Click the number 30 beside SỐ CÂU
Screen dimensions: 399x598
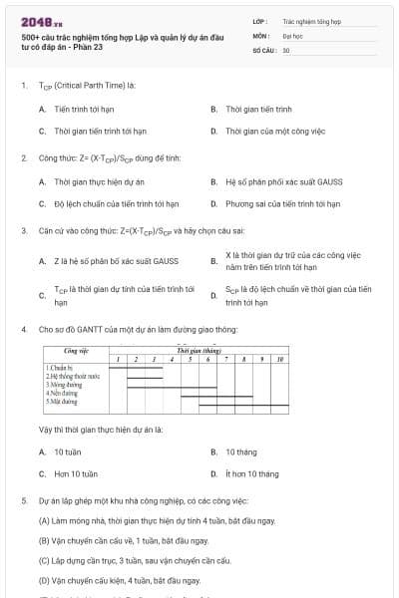tap(286, 49)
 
